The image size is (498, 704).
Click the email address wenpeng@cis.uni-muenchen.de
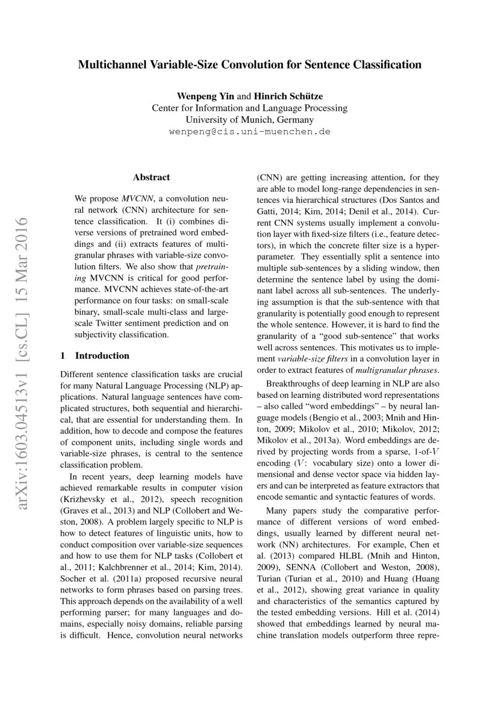(249, 131)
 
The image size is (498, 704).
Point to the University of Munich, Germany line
(249, 119)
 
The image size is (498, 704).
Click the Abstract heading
(151, 177)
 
